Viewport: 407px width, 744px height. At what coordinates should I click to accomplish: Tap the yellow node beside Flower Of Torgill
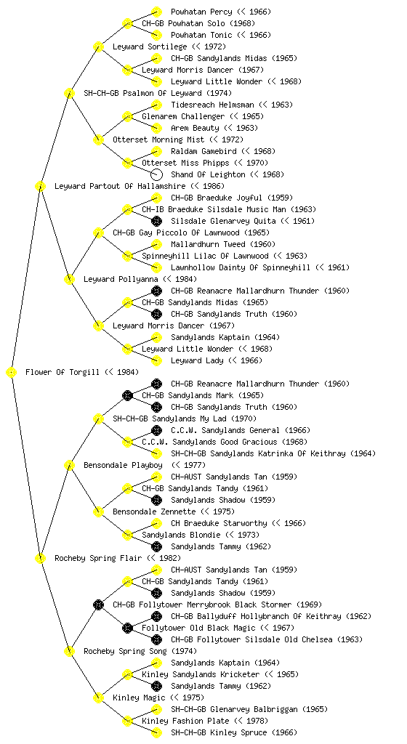[12, 373]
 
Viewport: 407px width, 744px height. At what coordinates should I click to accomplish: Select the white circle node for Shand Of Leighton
[156, 174]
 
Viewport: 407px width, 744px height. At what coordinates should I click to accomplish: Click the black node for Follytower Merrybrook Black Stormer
[99, 604]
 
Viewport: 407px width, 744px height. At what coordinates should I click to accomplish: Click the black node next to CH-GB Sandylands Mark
[127, 395]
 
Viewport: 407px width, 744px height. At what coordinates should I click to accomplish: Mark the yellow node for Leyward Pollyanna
[69, 279]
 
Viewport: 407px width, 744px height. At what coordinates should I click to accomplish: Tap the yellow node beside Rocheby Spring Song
[69, 651]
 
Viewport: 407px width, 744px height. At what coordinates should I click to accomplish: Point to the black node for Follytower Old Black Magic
[127, 628]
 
